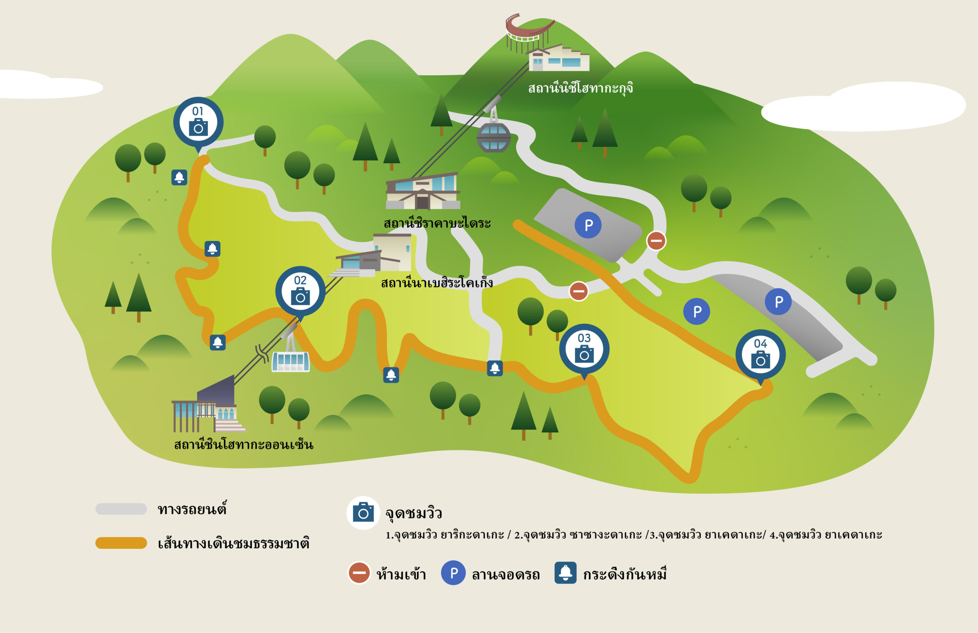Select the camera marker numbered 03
click(x=584, y=350)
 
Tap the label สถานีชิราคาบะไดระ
click(x=437, y=223)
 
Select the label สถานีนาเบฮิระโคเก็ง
click(x=437, y=282)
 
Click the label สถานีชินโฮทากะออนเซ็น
click(x=244, y=444)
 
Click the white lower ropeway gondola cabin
click(x=290, y=361)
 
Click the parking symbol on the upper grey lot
click(x=588, y=225)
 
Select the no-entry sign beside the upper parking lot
click(x=656, y=240)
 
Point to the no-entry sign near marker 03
click(x=578, y=291)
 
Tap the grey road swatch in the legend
click(x=121, y=509)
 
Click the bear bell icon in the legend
click(x=565, y=573)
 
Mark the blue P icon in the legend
click(x=453, y=573)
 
